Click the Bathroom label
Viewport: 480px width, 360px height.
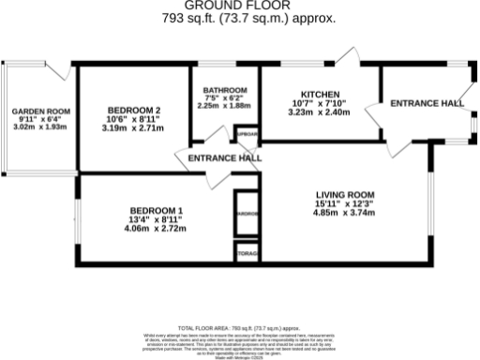click(x=225, y=90)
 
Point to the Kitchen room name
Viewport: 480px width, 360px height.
click(x=319, y=94)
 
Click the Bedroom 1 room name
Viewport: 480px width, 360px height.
click(x=156, y=210)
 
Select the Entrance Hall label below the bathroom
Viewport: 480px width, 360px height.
click(x=224, y=159)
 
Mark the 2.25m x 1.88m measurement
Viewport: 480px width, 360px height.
click(x=225, y=106)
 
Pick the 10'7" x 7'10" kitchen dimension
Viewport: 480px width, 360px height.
click(x=319, y=103)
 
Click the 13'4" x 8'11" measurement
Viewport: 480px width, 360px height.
click(x=156, y=219)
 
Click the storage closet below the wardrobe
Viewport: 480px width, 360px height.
click(x=247, y=253)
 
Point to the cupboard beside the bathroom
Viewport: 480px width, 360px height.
click(x=247, y=135)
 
